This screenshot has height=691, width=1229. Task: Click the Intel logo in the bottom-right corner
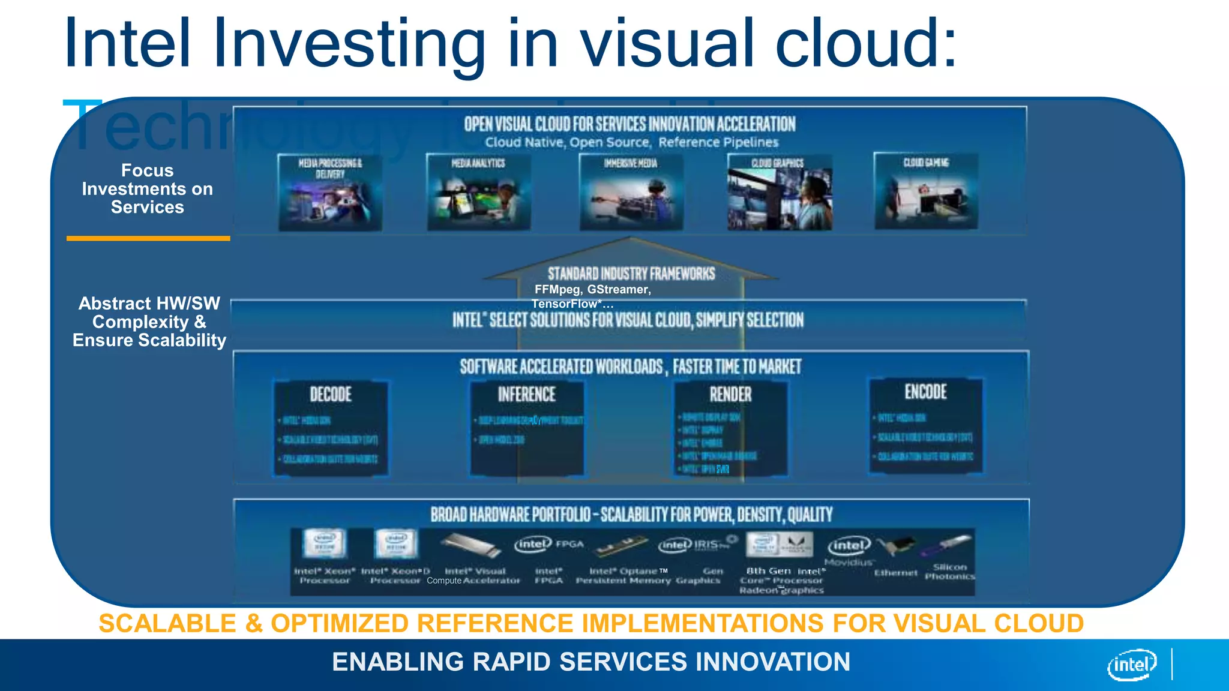(x=1132, y=665)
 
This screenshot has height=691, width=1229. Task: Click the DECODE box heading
(x=331, y=395)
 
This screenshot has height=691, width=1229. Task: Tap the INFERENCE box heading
(x=526, y=395)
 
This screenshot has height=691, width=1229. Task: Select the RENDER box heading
(x=730, y=395)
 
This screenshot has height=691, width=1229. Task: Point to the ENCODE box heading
(x=925, y=392)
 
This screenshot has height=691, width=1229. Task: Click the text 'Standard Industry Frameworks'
(x=631, y=274)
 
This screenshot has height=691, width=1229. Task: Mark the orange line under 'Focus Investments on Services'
(x=148, y=239)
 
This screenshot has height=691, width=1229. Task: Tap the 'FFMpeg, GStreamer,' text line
(x=592, y=290)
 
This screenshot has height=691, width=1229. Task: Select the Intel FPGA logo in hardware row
(x=548, y=544)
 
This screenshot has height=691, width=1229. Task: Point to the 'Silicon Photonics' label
(x=949, y=572)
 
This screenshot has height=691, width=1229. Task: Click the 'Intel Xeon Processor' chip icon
(x=325, y=543)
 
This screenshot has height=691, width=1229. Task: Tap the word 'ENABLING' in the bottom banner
(x=398, y=662)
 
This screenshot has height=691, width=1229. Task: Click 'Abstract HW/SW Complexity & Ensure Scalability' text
(x=149, y=322)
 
